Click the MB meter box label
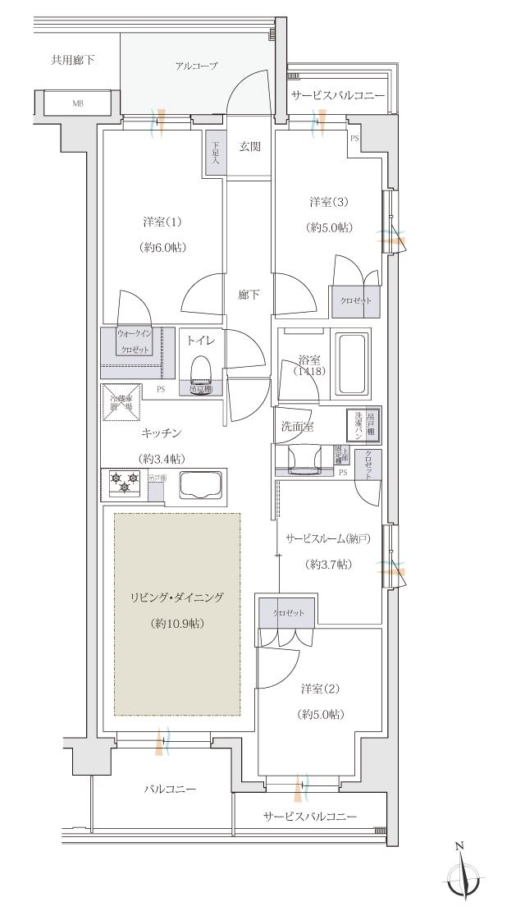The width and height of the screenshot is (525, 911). (78, 103)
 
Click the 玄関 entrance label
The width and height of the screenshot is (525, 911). (249, 147)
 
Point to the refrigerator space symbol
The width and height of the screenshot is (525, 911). (122, 403)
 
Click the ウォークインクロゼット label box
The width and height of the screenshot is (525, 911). (133, 341)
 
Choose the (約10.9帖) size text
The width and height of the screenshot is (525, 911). (178, 623)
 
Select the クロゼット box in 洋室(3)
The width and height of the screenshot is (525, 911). (355, 300)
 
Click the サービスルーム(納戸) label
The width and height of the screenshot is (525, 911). (328, 538)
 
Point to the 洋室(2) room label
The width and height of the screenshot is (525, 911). (319, 688)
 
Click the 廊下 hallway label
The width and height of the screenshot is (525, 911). (249, 295)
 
